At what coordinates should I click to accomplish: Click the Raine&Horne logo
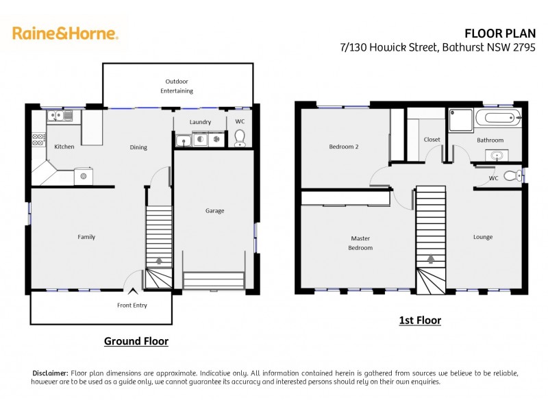point(65,33)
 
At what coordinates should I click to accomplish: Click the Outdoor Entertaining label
point(177,86)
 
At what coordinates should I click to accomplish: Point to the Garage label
point(214,211)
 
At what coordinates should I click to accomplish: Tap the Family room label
point(86,237)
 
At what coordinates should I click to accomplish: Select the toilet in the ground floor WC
point(240,140)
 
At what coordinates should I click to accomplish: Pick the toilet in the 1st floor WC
point(511,176)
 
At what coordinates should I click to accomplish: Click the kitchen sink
point(60,116)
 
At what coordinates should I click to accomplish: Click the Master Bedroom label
point(360,243)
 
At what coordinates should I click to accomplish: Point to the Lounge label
point(483,237)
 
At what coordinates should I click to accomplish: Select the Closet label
point(432,140)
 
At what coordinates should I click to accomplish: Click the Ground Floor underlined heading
point(136,340)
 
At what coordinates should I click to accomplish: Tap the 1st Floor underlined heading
point(420,320)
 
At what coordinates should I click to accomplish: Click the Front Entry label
point(132,306)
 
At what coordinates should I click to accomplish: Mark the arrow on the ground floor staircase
point(159,261)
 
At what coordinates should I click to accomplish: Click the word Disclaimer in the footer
point(51,373)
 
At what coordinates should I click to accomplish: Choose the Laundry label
point(201,123)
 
